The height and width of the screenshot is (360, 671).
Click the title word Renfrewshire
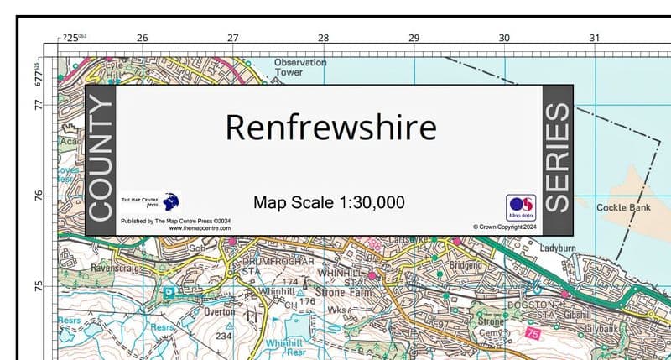[330, 128]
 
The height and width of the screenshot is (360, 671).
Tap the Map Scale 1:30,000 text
[329, 202]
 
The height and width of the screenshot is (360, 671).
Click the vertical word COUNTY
[100, 159]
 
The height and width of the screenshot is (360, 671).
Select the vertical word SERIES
[558, 159]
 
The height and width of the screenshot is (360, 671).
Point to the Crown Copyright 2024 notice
[503, 226]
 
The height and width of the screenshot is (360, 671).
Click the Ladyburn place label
[559, 249]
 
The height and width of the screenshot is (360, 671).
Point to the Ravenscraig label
[96, 270]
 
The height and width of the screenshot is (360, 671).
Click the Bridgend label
[466, 264]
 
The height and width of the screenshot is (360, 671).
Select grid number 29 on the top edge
[414, 38]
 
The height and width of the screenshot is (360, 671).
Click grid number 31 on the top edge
[595, 38]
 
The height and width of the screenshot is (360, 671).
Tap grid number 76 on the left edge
[38, 196]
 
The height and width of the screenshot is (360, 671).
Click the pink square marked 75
[533, 334]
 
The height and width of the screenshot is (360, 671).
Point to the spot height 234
[224, 336]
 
